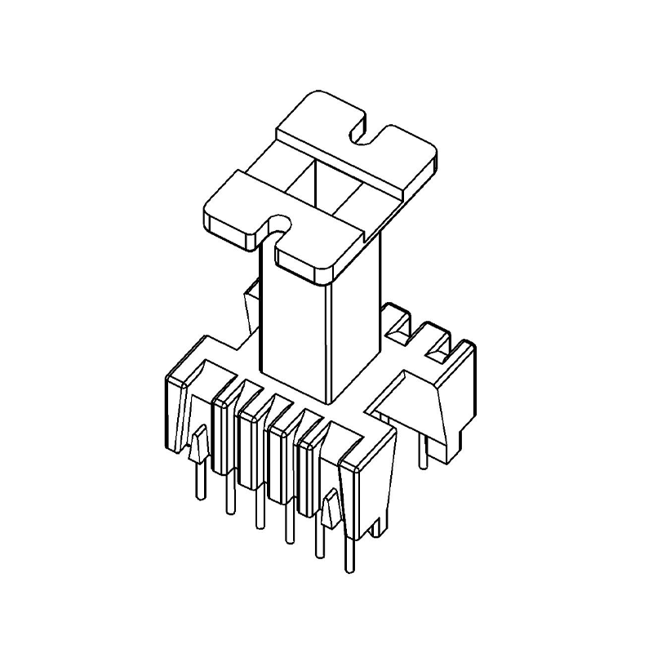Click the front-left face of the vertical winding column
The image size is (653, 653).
click(292, 326)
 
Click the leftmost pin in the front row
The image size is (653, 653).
click(197, 482)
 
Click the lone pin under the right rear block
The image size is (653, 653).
click(422, 453)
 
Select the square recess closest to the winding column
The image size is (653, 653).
click(400, 326)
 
